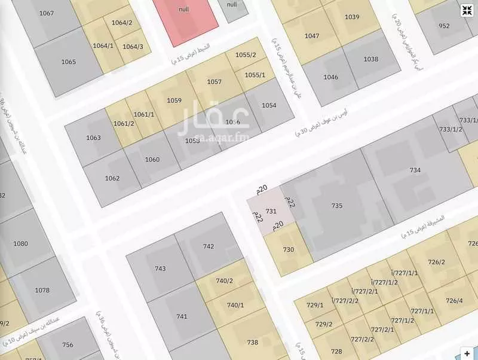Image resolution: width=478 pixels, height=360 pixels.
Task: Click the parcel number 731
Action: click(271, 211)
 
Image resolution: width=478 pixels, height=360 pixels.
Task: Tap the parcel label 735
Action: click(337, 205)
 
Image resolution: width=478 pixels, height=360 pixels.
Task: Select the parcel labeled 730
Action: click(289, 249)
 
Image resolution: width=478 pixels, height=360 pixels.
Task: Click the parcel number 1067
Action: click(46, 13)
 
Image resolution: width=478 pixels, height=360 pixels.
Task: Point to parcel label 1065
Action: click(69, 62)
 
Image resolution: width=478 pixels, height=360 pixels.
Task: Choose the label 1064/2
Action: click(121, 23)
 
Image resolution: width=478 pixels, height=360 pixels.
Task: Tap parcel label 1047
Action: click(312, 36)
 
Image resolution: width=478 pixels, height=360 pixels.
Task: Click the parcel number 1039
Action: click(352, 17)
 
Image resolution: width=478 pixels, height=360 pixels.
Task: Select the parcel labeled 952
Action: click(444, 26)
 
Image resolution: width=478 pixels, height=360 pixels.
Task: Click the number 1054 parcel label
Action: click(269, 105)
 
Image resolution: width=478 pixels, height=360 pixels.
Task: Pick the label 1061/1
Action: click(144, 114)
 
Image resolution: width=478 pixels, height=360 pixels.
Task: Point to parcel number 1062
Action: click(112, 178)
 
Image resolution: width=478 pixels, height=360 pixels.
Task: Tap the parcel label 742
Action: click(209, 246)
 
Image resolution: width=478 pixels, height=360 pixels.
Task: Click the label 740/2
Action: click(224, 280)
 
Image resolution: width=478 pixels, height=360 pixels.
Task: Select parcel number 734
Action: click(415, 170)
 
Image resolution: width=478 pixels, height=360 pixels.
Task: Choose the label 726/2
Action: click(437, 261)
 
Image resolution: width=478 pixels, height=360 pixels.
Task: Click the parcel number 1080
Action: click(21, 243)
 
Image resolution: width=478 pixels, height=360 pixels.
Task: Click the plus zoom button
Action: click(467, 353)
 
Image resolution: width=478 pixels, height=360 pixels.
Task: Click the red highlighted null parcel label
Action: click(185, 9)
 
